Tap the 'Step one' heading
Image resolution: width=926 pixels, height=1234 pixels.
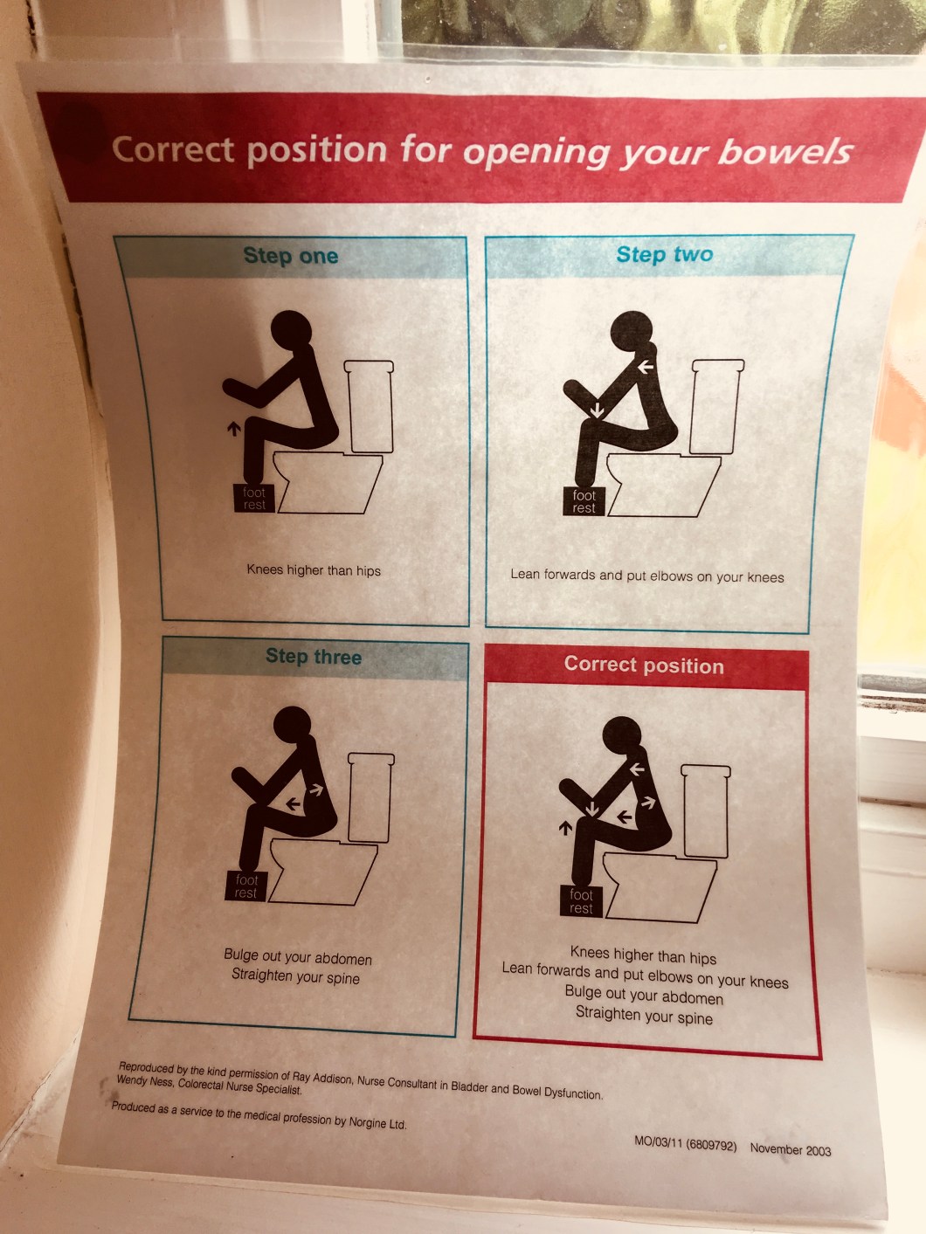[291, 256]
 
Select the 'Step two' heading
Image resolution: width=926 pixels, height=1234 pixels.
[665, 254]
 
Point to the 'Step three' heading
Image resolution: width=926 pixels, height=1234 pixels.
[313, 656]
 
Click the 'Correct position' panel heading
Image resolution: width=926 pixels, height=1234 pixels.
[644, 665]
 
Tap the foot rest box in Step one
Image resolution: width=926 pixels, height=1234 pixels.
[254, 498]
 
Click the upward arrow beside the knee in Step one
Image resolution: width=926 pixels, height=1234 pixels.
[234, 429]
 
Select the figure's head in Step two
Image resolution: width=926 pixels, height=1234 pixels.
[632, 331]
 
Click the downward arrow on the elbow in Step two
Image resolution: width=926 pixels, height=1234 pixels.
[597, 410]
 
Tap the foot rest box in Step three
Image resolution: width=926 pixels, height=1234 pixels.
[246, 886]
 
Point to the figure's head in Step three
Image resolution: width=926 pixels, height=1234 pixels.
[293, 726]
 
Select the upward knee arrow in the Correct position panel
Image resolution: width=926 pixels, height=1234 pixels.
[565, 828]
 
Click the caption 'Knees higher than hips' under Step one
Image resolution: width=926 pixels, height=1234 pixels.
[314, 570]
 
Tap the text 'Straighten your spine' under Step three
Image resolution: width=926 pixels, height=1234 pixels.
[295, 976]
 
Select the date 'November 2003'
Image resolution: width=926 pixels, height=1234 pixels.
[791, 1149]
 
